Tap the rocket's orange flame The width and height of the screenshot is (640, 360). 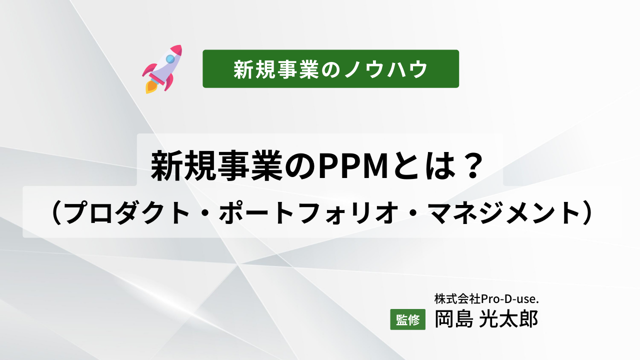[x=150, y=87]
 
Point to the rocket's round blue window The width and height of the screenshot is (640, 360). [x=170, y=59]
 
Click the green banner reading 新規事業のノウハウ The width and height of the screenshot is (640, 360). [x=330, y=69]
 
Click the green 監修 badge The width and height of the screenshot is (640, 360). [x=407, y=319]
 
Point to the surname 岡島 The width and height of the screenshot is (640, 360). [x=453, y=318]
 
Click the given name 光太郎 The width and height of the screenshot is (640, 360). [x=508, y=318]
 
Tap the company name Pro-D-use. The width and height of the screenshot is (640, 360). [x=512, y=298]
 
